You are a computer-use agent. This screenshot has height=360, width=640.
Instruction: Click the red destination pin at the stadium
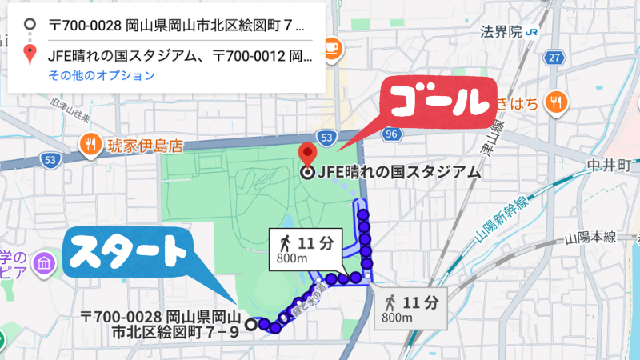(306, 154)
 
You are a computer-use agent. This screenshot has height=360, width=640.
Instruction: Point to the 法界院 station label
(501, 32)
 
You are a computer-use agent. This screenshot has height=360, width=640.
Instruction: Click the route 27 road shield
(554, 58)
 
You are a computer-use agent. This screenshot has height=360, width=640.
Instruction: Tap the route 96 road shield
(390, 135)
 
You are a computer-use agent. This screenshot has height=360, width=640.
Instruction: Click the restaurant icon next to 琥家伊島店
(90, 145)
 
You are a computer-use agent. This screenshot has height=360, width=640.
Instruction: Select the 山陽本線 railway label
(590, 238)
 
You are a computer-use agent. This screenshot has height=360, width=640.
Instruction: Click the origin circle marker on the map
(250, 324)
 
